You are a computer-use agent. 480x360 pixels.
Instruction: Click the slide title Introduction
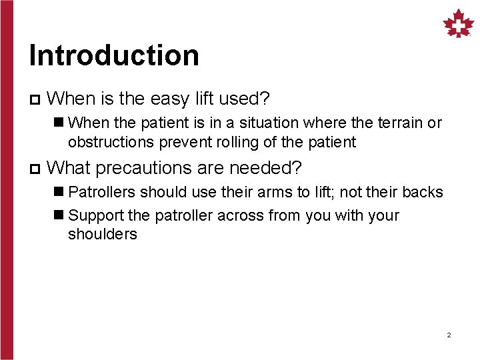coord(114,55)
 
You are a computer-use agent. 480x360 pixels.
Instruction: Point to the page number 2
coord(449,335)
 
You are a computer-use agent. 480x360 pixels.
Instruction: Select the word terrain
coord(400,123)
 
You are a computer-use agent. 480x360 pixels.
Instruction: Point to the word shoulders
coord(102,234)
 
